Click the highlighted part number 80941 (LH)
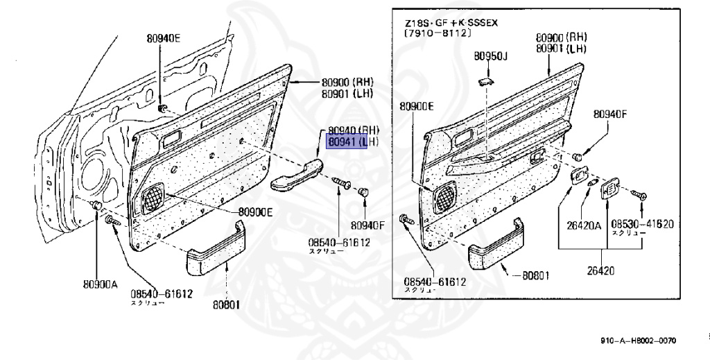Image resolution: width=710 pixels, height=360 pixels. coord(346,143)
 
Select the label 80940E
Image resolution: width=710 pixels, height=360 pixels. coord(163,38)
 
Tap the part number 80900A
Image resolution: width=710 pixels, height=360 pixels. coord(100,284)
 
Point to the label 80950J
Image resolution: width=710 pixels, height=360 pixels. coord(491,55)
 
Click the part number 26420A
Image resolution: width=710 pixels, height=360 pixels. coord(585,224)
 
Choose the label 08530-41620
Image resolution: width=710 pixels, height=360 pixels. coord(642,224)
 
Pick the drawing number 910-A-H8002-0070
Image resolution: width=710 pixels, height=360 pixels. coord(638,341)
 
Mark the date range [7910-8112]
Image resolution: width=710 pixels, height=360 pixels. coord(438,33)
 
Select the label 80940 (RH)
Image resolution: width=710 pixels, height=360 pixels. coord(354,130)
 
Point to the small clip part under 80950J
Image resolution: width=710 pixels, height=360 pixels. coord(485,82)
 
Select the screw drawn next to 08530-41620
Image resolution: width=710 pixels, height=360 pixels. coord(641,198)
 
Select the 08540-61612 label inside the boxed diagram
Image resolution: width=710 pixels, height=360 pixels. coord(435,282)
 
